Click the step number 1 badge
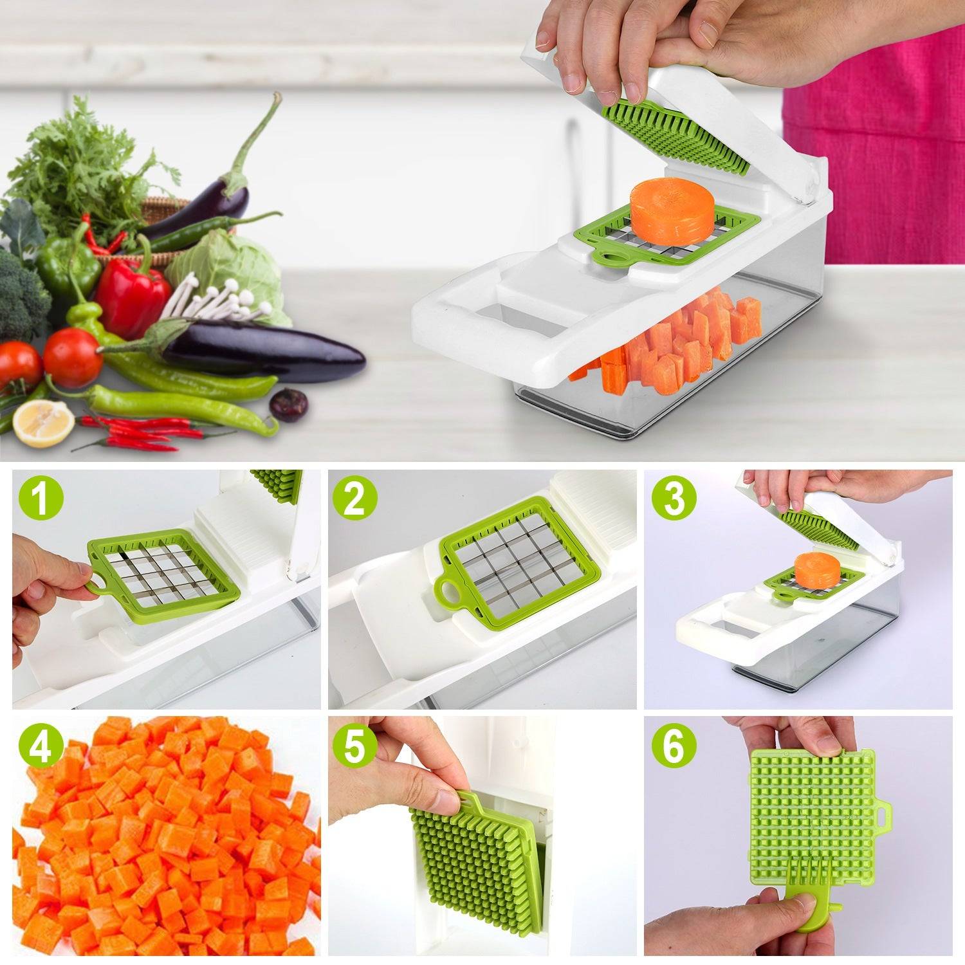coord(41,498)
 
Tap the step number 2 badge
coord(354,498)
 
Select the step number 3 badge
coord(674,498)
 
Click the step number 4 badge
coord(41,746)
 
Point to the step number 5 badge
coord(354,746)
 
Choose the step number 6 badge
coord(674,746)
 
